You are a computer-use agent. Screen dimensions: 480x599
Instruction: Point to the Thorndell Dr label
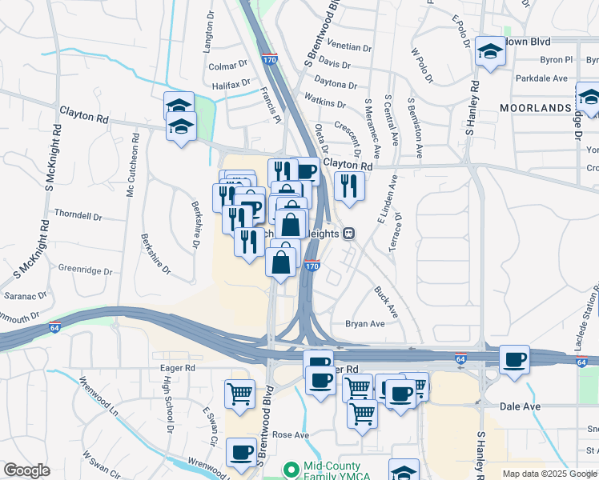(78, 216)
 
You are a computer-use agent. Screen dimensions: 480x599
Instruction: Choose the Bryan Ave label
(365, 324)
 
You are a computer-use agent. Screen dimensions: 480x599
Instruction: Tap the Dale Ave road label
(520, 406)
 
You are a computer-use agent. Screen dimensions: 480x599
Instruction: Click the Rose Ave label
(291, 435)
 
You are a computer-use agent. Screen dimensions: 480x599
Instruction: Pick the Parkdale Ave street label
(541, 78)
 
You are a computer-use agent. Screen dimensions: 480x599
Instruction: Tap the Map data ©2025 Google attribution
(549, 474)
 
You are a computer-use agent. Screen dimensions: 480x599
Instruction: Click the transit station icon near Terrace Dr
(348, 234)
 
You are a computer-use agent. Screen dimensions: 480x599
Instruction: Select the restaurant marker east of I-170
(349, 186)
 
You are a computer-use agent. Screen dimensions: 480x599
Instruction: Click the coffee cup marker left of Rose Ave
(241, 452)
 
